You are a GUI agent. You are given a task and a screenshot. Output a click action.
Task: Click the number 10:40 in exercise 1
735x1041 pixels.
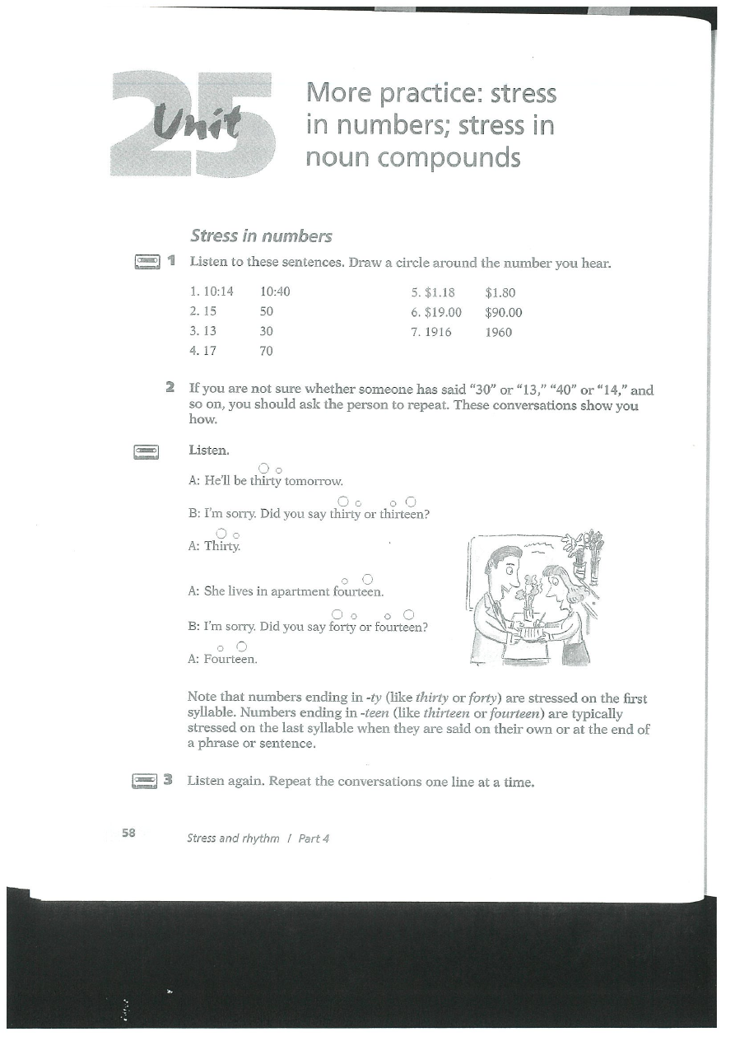[275, 292]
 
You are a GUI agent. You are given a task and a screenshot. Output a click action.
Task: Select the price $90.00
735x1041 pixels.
[504, 312]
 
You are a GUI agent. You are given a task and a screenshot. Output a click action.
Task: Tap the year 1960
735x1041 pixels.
[499, 332]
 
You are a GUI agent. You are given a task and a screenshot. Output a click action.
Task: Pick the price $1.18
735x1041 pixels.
[440, 292]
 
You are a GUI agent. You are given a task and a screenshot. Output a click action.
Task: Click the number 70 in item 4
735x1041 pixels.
[266, 352]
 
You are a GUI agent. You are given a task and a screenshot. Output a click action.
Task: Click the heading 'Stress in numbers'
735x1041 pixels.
[261, 236]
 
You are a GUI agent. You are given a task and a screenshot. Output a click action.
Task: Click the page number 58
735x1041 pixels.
[128, 833]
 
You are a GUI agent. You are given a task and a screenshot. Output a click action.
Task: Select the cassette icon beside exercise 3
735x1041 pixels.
[144, 779]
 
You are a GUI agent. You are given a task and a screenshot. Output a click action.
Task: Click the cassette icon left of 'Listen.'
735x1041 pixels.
[146, 450]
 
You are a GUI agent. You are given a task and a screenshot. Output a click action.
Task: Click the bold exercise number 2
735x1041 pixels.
[170, 387]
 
